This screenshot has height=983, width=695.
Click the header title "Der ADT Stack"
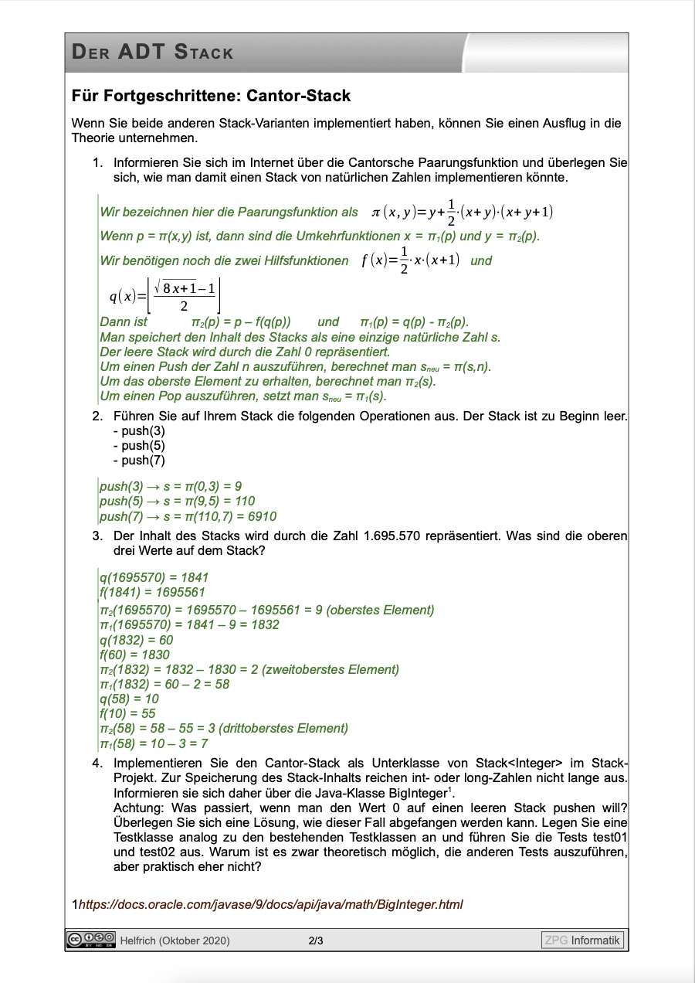coord(152,53)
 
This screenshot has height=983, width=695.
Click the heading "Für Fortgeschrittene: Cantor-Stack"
coord(211,97)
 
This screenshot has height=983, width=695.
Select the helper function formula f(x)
coord(411,261)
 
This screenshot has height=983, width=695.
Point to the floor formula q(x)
coord(165,296)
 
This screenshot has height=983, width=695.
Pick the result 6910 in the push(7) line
coord(260,516)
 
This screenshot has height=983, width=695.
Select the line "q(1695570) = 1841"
coord(154,577)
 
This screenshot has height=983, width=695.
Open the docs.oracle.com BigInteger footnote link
coord(270,903)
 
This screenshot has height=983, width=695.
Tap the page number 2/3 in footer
coord(315,940)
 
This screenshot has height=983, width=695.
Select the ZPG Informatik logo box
coord(582,940)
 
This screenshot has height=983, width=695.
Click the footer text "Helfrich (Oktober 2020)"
coord(175,940)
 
